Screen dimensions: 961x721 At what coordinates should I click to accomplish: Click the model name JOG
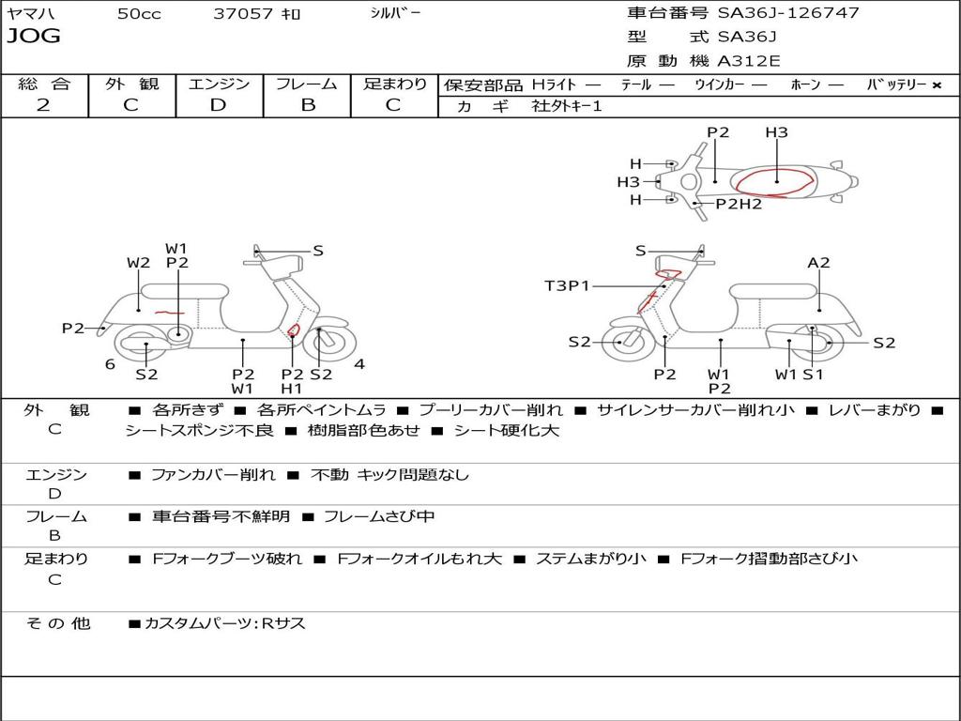tap(34, 36)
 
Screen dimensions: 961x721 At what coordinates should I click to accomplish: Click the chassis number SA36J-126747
tap(788, 12)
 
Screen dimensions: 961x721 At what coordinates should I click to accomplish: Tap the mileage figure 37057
tap(243, 13)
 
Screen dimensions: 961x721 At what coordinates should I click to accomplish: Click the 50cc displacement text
tap(139, 13)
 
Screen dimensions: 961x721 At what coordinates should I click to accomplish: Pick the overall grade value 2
tap(43, 105)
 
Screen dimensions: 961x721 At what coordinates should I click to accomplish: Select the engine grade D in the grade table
tap(218, 105)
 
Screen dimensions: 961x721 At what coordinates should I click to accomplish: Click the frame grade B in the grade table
tap(308, 105)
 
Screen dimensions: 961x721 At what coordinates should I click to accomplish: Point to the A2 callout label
tap(818, 263)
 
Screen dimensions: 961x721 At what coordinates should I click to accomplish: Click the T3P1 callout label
tap(567, 285)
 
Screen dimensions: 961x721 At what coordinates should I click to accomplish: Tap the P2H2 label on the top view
tap(739, 204)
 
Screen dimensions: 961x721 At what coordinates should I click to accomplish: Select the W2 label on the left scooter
tap(139, 263)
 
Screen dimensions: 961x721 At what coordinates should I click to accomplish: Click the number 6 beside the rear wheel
tap(110, 364)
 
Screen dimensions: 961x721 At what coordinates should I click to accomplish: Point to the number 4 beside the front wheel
tap(359, 364)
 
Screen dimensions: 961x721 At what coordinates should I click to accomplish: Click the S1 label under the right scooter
tap(813, 375)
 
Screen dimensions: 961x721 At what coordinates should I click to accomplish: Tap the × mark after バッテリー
tap(937, 85)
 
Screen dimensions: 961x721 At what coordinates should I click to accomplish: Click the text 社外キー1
tap(567, 106)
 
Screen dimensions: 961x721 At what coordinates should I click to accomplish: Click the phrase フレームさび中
tap(379, 516)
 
